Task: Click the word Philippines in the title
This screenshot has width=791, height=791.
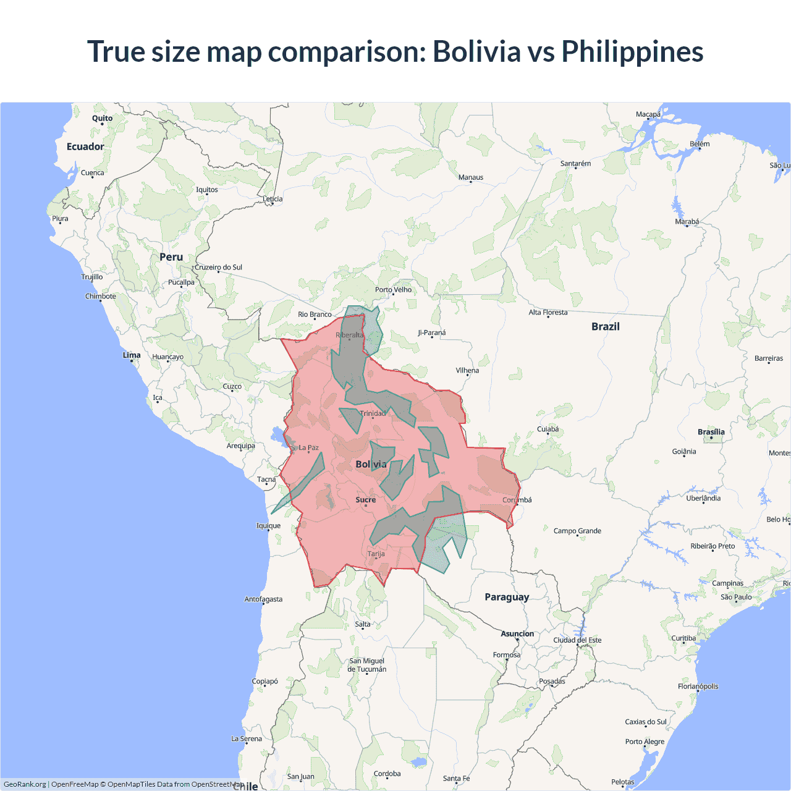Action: coord(632,52)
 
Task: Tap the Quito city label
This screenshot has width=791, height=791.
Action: coord(103,118)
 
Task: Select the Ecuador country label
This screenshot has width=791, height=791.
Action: coord(85,146)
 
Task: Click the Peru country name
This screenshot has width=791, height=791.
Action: coord(171,257)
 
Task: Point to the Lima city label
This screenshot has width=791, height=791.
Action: coord(132,355)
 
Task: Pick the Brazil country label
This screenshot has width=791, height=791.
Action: coord(605,326)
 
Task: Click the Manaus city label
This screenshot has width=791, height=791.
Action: coord(471,177)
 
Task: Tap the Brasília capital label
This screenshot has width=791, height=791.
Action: coord(711,432)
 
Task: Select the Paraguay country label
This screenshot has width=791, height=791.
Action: coord(507,597)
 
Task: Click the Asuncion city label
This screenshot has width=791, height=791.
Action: coord(517,633)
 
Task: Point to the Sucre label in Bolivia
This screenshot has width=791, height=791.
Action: coord(366,499)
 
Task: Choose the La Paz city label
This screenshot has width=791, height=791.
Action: coord(309,447)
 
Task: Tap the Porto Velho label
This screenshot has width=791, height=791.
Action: coord(393,289)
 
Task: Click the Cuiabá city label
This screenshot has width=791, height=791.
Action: coord(548,429)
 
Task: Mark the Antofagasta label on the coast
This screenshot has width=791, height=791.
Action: coord(263,599)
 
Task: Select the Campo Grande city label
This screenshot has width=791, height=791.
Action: coord(577,531)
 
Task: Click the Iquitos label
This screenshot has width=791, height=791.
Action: coord(207,190)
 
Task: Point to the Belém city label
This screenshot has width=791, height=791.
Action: coord(700,144)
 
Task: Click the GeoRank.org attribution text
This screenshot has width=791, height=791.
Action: coord(25,784)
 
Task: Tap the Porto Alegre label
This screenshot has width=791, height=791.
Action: coord(645,742)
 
